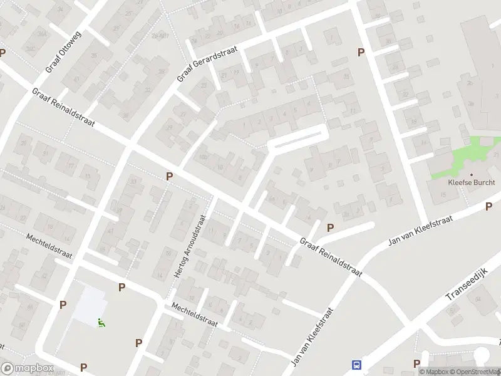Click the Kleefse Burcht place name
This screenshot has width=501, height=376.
pyautogui.click(x=467, y=182)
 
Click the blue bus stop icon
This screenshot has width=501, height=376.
pyautogui.click(x=357, y=365)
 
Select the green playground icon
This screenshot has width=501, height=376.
pyautogui.click(x=101, y=323)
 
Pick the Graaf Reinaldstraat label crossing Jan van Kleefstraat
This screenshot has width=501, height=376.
pyautogui.click(x=331, y=256)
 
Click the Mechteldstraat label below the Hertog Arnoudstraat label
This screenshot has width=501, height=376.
pyautogui.click(x=195, y=315)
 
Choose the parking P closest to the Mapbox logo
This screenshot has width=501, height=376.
pyautogui.click(x=83, y=367)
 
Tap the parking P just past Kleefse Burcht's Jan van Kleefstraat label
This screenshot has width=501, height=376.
pyautogui.click(x=488, y=207)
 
